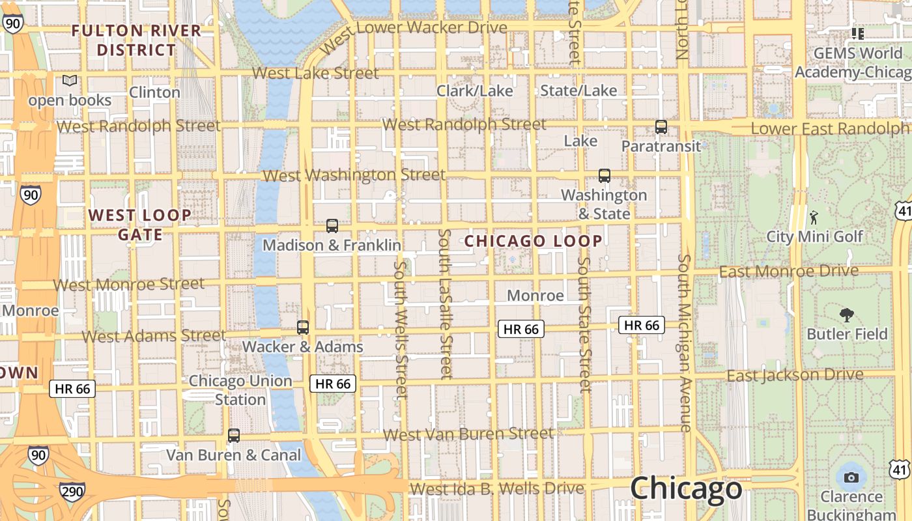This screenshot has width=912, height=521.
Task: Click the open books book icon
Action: tap(70, 81)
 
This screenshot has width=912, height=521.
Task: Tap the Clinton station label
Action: tap(154, 92)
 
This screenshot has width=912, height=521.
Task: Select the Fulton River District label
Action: tap(137, 40)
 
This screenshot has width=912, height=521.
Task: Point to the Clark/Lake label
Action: tap(475, 91)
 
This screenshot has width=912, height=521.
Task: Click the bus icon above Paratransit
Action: tap(661, 127)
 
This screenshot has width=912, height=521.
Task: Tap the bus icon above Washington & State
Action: tap(605, 175)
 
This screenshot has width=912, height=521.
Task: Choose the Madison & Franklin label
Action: tap(332, 246)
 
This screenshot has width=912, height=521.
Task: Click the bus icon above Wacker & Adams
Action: tap(303, 328)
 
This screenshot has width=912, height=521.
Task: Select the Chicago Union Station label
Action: tap(240, 389)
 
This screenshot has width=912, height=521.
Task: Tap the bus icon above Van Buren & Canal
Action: tap(234, 436)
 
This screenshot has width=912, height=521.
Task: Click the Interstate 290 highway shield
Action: tap(72, 491)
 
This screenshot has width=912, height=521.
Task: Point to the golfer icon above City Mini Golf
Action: tap(813, 217)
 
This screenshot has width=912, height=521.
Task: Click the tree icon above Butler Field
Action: tap(847, 315)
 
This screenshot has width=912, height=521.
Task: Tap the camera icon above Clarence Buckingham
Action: tap(851, 477)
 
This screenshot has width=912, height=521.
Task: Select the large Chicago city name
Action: tap(686, 488)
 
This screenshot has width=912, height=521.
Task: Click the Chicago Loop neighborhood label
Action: tap(534, 241)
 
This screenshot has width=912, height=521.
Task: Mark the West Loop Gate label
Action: tap(140, 224)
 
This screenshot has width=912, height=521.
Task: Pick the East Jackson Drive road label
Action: tap(795, 376)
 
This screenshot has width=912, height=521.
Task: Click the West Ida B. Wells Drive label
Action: tap(497, 488)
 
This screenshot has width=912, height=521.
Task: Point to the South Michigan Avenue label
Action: tap(684, 343)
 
